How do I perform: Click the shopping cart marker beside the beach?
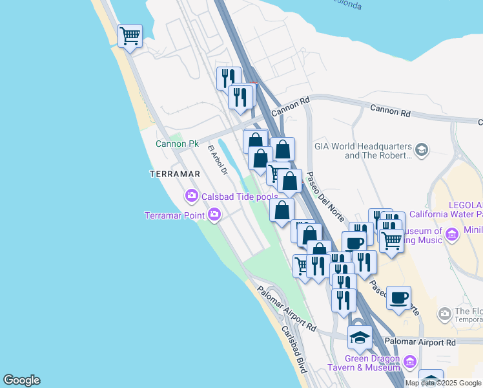click(130, 36)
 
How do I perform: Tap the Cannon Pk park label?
click(177, 144)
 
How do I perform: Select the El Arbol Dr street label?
click(217, 160)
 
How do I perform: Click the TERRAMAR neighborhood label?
click(172, 174)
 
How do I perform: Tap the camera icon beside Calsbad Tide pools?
click(191, 195)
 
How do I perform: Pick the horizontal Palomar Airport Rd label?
click(420, 341)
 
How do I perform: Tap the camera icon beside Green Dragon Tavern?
click(409, 360)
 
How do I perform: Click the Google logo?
click(21, 380)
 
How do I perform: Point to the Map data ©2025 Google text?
click(443, 383)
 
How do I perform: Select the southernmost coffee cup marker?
click(398, 298)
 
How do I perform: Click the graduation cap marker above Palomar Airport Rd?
click(360, 336)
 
